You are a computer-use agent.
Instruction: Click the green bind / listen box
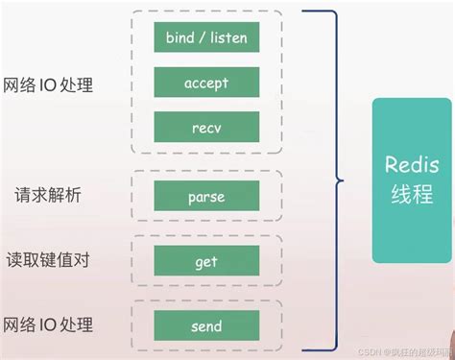(x=205, y=38)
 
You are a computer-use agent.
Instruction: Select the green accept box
(x=205, y=84)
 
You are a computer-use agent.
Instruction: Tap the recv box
(x=205, y=127)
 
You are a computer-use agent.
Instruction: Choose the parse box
(x=205, y=197)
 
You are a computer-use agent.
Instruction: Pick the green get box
(x=205, y=261)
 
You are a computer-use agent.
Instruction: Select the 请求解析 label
(x=48, y=196)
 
